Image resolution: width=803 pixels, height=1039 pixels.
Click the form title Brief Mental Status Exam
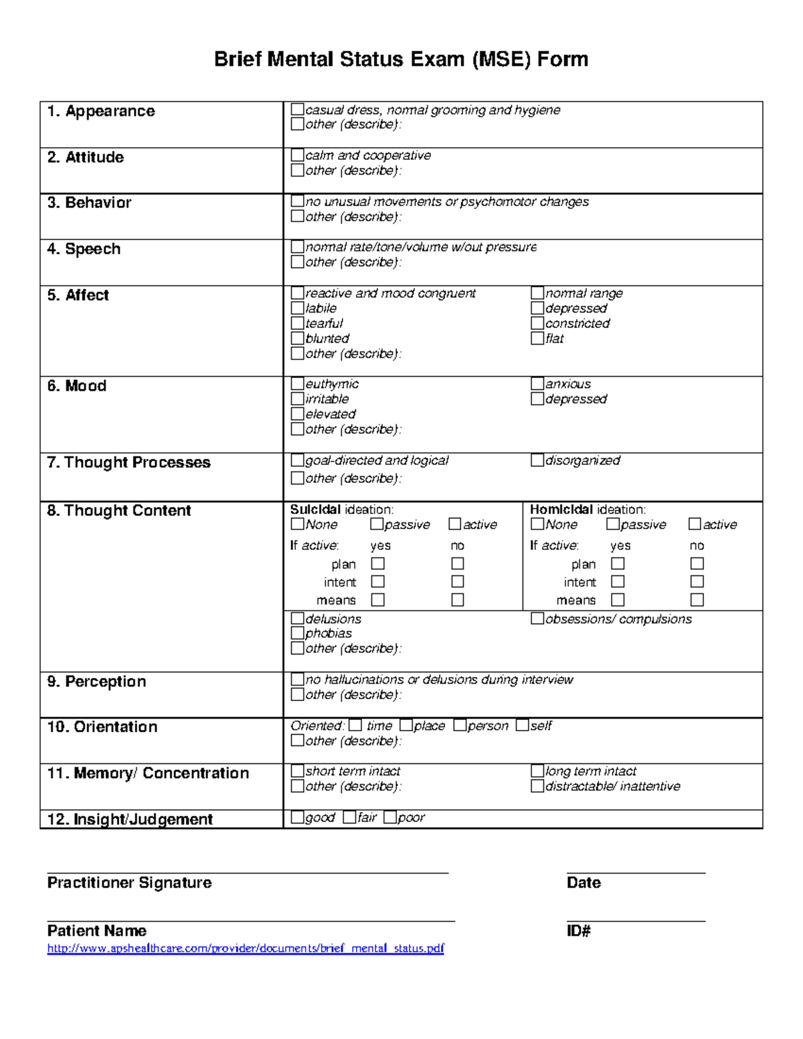coord(401,60)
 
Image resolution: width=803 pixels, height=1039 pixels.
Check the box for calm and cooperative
coord(298,155)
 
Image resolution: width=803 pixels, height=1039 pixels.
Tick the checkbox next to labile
coord(298,308)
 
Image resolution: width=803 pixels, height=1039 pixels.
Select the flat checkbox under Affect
coord(537,338)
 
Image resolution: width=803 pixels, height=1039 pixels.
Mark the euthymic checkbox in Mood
coord(298,383)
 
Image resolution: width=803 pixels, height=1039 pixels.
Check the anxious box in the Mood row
coord(537,383)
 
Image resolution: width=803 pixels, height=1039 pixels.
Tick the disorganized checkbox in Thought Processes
coord(537,460)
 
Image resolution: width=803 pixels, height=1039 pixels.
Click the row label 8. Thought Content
coord(119,510)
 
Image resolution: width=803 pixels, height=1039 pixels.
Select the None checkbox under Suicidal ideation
coord(298,524)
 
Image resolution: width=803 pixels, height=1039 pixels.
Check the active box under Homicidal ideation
coord(695,524)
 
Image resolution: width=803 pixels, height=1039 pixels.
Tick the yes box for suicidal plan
coord(378,563)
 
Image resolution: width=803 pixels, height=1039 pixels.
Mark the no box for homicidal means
coord(697,599)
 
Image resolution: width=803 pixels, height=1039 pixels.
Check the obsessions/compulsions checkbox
coord(537,618)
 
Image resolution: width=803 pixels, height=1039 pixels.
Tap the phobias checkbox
coord(298,632)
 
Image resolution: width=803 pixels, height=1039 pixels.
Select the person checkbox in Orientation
coord(460,725)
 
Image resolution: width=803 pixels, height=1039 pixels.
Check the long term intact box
coord(537,771)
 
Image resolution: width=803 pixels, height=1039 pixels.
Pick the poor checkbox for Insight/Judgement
coord(390,817)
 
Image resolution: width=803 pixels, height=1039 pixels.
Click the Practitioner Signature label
coord(129,882)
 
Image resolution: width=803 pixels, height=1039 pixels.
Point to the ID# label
coord(578,931)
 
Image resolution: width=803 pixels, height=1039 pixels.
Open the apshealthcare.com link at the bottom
coord(246,948)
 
